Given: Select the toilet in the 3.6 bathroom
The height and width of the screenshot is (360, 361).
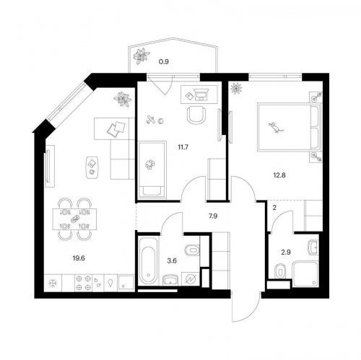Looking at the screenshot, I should [x=191, y=251].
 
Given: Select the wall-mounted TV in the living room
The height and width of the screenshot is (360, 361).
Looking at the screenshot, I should [x=47, y=167].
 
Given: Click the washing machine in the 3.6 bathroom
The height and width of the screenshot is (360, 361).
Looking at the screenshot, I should [x=191, y=278].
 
